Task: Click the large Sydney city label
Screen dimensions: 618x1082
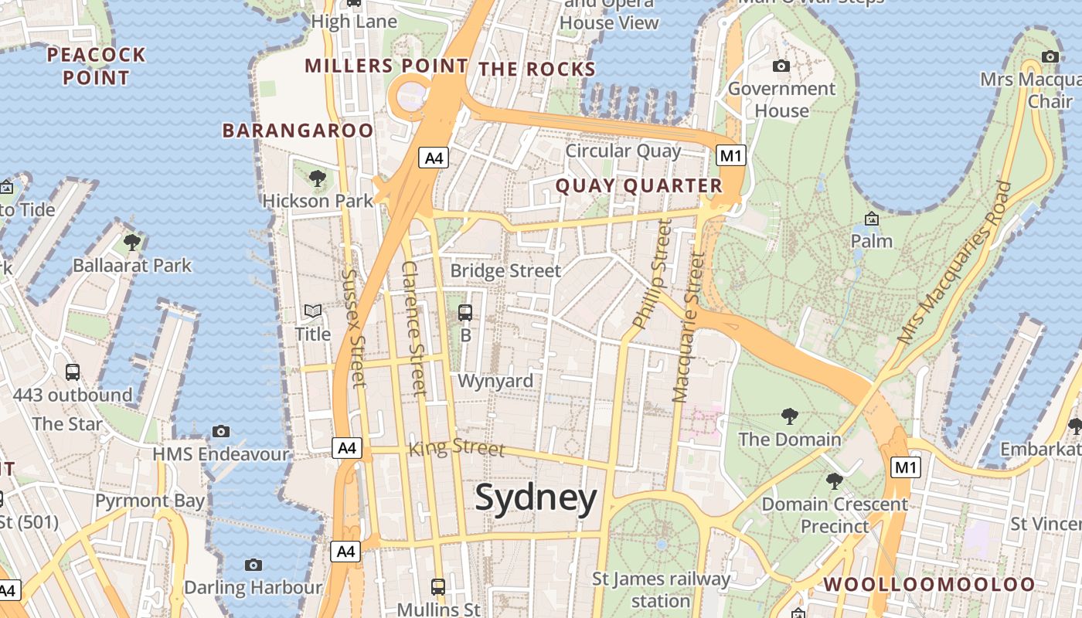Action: pyautogui.click(x=536, y=498)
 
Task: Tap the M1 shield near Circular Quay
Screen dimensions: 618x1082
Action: pyautogui.click(x=730, y=156)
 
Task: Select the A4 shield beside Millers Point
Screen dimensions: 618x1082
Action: pyautogui.click(x=434, y=158)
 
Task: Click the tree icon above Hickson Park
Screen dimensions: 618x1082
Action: pyautogui.click(x=317, y=179)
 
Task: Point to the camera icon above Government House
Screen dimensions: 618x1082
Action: pyautogui.click(x=781, y=66)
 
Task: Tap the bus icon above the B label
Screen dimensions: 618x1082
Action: pyautogui.click(x=465, y=313)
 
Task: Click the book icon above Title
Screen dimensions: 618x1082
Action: pyautogui.click(x=312, y=311)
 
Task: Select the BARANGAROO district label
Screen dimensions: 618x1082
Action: pyautogui.click(x=298, y=131)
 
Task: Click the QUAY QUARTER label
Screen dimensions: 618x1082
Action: pyautogui.click(x=638, y=186)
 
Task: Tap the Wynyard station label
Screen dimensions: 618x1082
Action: pyautogui.click(x=495, y=381)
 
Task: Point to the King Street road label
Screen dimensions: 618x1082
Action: pyautogui.click(x=456, y=447)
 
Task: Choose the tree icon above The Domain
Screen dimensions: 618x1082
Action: pyautogui.click(x=789, y=416)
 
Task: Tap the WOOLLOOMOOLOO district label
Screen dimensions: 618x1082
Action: pyautogui.click(x=929, y=585)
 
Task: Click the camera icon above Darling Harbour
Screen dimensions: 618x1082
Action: pyautogui.click(x=253, y=565)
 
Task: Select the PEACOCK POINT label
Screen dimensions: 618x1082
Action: pyautogui.click(x=96, y=66)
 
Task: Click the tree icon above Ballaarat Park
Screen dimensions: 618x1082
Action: pyautogui.click(x=132, y=242)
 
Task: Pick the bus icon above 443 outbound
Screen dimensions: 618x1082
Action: pyautogui.click(x=73, y=372)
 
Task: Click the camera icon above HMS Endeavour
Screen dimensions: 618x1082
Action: pyautogui.click(x=221, y=431)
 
